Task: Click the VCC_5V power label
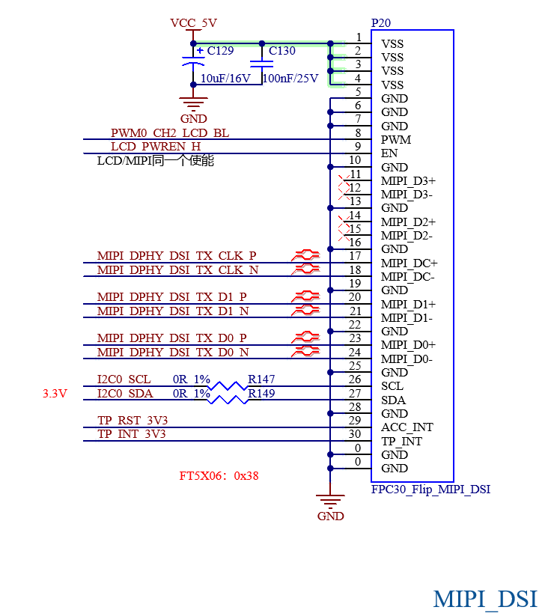(x=193, y=23)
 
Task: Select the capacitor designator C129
(x=220, y=51)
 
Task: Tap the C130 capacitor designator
(x=281, y=51)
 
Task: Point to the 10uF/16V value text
(x=225, y=79)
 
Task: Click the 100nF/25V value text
(x=290, y=79)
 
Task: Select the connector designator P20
(x=381, y=22)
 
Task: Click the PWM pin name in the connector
(x=396, y=140)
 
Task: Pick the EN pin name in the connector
(x=389, y=153)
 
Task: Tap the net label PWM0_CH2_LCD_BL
(x=170, y=133)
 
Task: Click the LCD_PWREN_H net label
(x=156, y=147)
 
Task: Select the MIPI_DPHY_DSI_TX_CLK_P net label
(x=177, y=256)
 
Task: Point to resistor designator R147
(x=261, y=379)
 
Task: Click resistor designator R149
(x=261, y=393)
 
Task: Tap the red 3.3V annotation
(x=55, y=394)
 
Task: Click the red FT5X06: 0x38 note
(x=219, y=476)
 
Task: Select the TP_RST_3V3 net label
(x=133, y=421)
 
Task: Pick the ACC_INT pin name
(x=407, y=427)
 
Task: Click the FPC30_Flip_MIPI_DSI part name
(x=431, y=490)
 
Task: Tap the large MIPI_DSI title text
(x=485, y=600)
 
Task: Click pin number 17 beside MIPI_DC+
(x=355, y=256)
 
